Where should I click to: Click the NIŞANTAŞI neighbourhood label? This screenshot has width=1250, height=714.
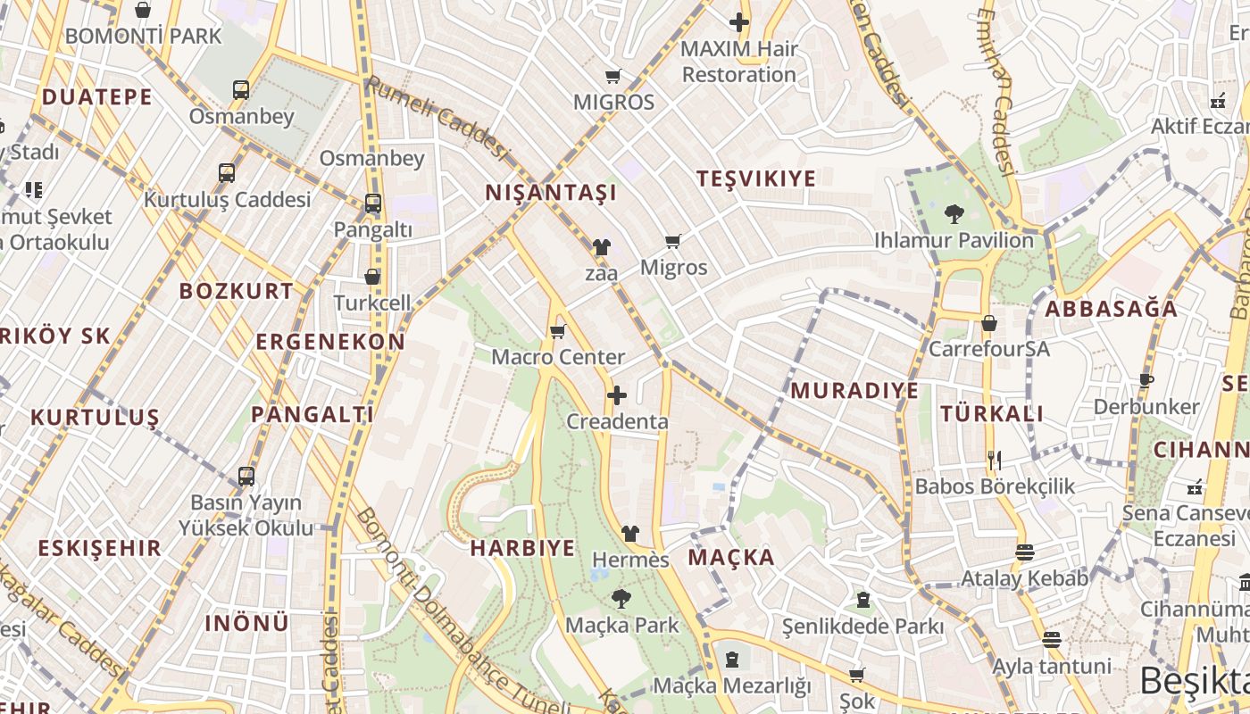click(x=551, y=192)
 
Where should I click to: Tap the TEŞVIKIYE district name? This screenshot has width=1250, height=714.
click(x=756, y=178)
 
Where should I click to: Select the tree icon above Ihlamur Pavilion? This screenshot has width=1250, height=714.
click(x=954, y=214)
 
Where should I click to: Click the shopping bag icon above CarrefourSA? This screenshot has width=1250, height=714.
click(x=988, y=323)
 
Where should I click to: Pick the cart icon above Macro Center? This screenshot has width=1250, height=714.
click(x=558, y=332)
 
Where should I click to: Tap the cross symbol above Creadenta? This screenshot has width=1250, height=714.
click(x=617, y=395)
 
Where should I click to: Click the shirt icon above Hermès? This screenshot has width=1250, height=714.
click(x=630, y=534)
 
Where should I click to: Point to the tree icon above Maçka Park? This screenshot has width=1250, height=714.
click(x=621, y=599)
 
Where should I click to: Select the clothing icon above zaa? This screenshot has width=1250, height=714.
click(x=601, y=247)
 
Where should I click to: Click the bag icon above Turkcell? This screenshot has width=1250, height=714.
click(x=372, y=278)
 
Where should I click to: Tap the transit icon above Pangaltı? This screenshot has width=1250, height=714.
click(x=372, y=203)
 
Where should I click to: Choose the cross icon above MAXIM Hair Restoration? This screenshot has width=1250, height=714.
click(x=739, y=22)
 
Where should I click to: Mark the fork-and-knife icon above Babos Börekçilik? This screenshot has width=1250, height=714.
click(x=995, y=461)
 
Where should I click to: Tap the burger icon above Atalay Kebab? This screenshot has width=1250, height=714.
click(x=1024, y=552)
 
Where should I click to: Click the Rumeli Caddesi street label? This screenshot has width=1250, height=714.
click(x=437, y=118)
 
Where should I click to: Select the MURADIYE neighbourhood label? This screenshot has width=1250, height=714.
click(x=854, y=390)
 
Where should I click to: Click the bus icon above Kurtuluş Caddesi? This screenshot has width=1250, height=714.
click(x=227, y=173)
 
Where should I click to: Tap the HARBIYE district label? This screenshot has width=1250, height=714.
click(x=522, y=548)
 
